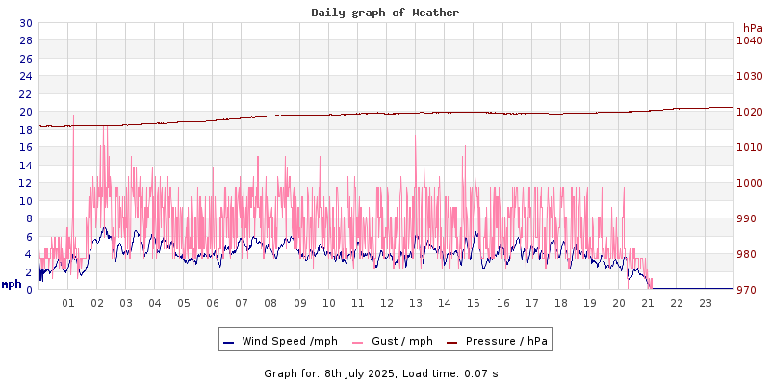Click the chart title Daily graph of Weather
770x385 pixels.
(x=385, y=13)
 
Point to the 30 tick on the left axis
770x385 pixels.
(x=25, y=23)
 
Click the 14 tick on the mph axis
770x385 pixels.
(x=25, y=166)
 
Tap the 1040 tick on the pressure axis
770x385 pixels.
(x=750, y=40)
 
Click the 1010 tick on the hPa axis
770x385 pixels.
(x=750, y=147)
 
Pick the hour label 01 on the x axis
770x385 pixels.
(x=68, y=303)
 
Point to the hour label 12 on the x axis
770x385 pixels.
(x=387, y=303)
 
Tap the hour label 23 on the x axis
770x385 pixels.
(x=706, y=303)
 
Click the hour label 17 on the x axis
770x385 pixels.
(x=531, y=303)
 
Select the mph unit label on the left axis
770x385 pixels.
(x=12, y=284)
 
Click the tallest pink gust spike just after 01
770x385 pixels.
(x=73, y=116)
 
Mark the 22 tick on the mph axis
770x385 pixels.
(x=25, y=94)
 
